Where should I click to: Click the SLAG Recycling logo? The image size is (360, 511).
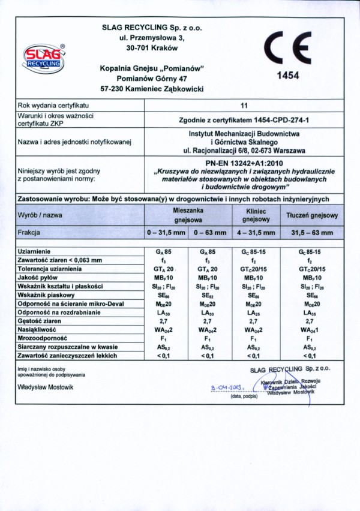[44, 59]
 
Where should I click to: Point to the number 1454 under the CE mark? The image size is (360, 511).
[287, 76]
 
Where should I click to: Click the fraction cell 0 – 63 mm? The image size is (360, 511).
[210, 232]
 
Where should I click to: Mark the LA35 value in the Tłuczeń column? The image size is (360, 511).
[312, 313]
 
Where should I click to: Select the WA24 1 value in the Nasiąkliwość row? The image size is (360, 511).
[312, 330]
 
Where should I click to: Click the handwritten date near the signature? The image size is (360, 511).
[226, 388]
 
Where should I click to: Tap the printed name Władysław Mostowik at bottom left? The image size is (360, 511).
[46, 387]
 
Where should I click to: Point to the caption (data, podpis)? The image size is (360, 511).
[244, 396]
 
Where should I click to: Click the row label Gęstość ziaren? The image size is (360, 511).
[40, 321]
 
